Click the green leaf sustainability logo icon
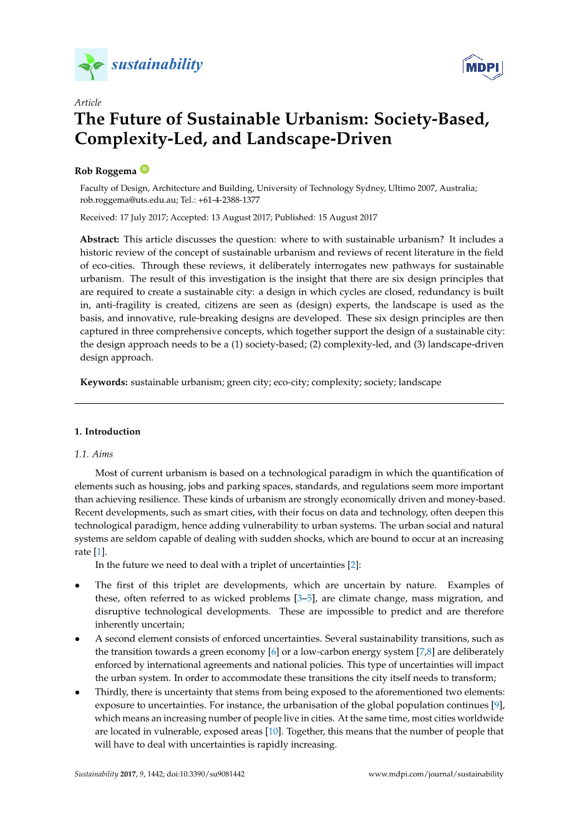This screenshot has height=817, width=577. click(x=91, y=65)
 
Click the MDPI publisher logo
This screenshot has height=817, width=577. click(x=482, y=67)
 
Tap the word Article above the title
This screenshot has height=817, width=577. click(x=88, y=102)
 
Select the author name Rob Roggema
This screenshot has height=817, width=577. click(x=105, y=171)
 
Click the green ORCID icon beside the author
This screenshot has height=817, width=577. click(x=145, y=169)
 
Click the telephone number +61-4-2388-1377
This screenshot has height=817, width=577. click(x=229, y=200)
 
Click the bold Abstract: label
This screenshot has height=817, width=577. click(x=99, y=240)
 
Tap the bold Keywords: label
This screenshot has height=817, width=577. click(x=104, y=383)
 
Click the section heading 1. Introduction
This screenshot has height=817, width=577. click(x=107, y=432)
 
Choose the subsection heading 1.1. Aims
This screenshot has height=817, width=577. click(x=94, y=454)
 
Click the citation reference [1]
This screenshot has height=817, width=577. click(x=99, y=552)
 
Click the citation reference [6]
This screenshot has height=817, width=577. click(x=273, y=652)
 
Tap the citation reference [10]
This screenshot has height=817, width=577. click(x=273, y=731)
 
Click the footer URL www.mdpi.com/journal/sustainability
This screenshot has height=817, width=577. click(x=435, y=775)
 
